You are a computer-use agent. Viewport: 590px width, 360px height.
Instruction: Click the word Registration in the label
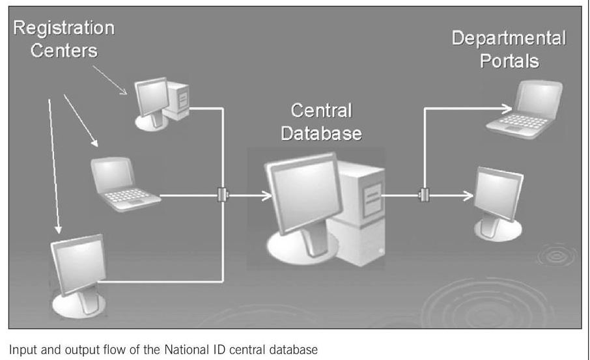64,29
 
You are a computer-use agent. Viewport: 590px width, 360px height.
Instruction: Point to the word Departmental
509,38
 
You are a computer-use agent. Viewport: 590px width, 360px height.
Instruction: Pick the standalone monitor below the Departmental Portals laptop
499,198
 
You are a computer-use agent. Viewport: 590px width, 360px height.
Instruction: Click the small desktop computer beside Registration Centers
162,101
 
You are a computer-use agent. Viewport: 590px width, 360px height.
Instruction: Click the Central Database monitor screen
301,191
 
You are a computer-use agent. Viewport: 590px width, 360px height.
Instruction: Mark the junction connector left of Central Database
223,195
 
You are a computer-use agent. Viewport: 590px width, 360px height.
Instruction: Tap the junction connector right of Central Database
424,195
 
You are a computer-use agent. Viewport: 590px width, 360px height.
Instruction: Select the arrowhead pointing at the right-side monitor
470,195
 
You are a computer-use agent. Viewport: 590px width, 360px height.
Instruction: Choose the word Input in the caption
20,349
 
